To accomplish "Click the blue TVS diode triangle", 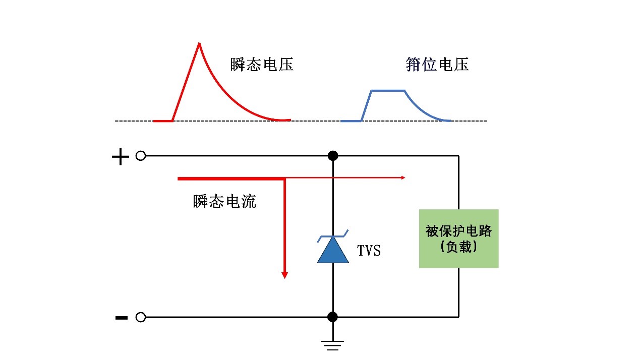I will point(333,252).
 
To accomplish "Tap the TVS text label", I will point(369,250).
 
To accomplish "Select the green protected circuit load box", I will point(458,238).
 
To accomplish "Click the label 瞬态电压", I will point(262,65).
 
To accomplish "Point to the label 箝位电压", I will point(437,65).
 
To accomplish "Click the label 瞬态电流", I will point(224,202).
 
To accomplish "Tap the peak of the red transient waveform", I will point(199,44).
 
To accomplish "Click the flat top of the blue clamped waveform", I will point(388,91).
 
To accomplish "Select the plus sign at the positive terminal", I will point(120,157).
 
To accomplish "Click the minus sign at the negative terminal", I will point(121,318).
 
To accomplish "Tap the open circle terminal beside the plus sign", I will point(141,156).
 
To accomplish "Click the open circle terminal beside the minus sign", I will point(141,317).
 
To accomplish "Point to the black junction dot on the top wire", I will point(332,156).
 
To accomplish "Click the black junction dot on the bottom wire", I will point(332,317).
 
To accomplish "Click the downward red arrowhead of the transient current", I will point(284,274).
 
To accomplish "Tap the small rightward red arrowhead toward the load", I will point(402,177).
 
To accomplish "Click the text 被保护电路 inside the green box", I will point(458,231).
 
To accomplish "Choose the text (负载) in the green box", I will point(458,247).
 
